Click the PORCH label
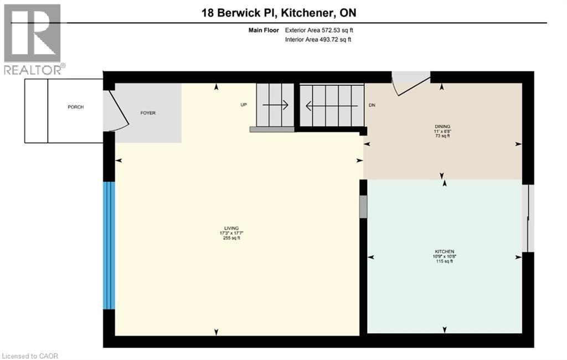[x=76, y=107]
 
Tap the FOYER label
[x=148, y=113]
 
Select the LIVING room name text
[x=231, y=228]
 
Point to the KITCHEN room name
[x=444, y=251]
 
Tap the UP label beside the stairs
[x=243, y=105]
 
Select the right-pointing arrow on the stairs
[x=275, y=105]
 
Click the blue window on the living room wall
[x=110, y=245]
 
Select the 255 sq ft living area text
[x=231, y=238]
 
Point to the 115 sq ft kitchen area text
[x=444, y=261]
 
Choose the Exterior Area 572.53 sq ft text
[x=318, y=30]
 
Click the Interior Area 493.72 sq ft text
[x=318, y=39]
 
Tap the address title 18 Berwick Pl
[x=283, y=12]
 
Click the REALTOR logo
[x=33, y=39]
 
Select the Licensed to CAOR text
[x=30, y=355]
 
